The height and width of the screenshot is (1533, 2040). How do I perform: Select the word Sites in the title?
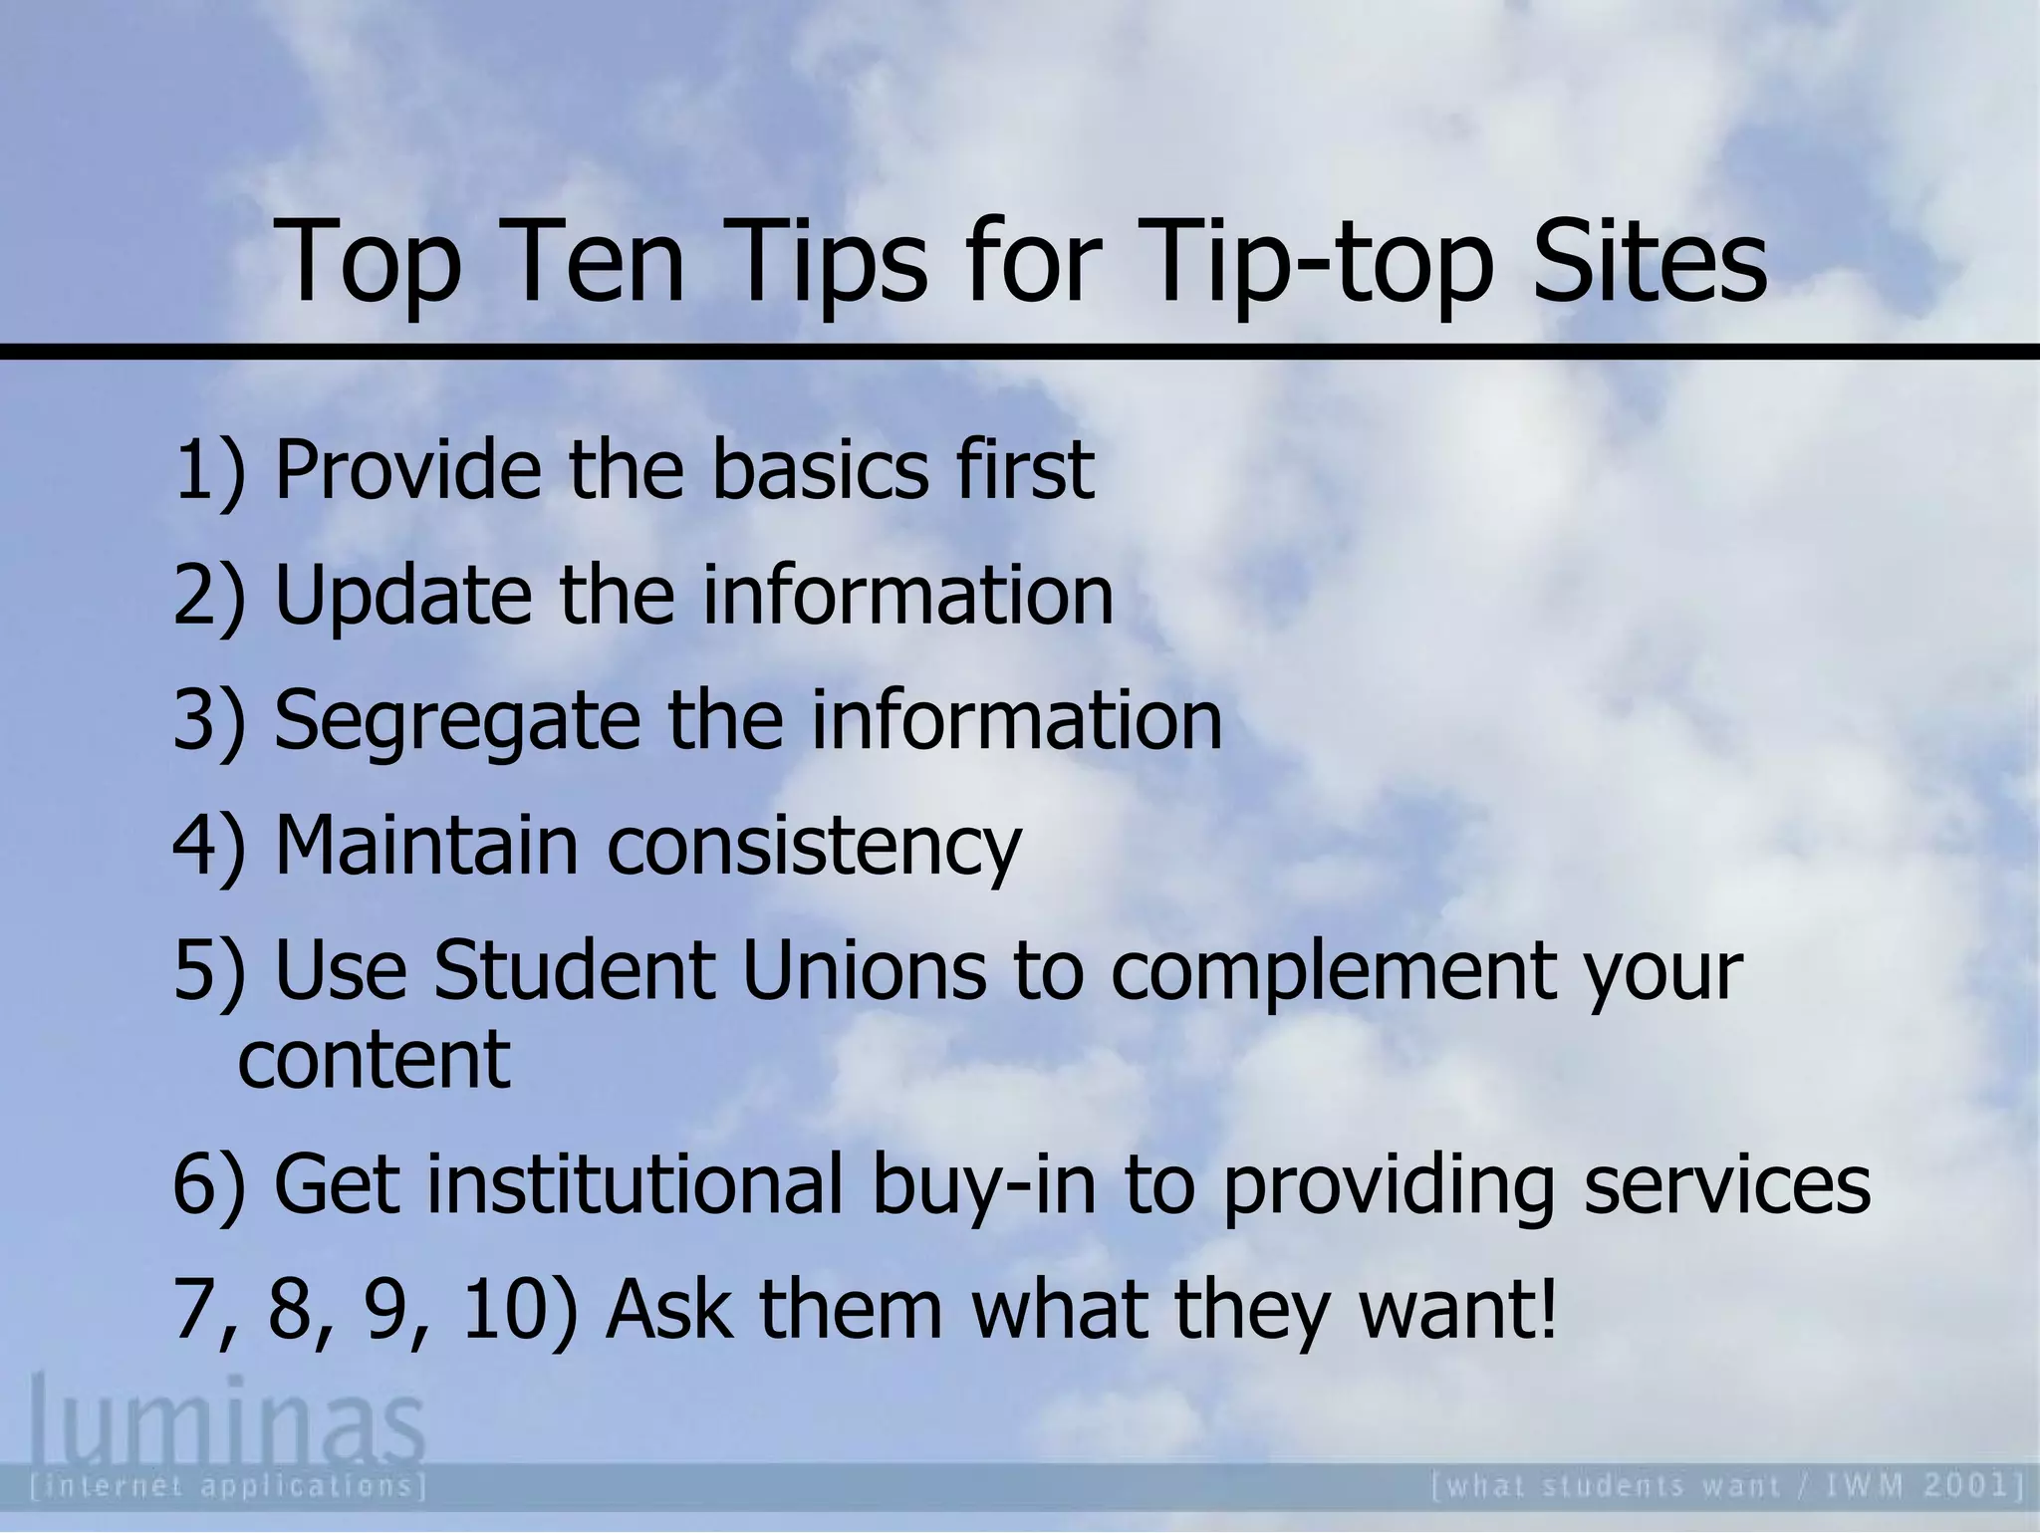1650,261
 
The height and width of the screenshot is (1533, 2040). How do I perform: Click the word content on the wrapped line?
375,1058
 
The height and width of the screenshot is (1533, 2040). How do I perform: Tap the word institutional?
637,1184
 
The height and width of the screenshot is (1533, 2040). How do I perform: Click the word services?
1726,1184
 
